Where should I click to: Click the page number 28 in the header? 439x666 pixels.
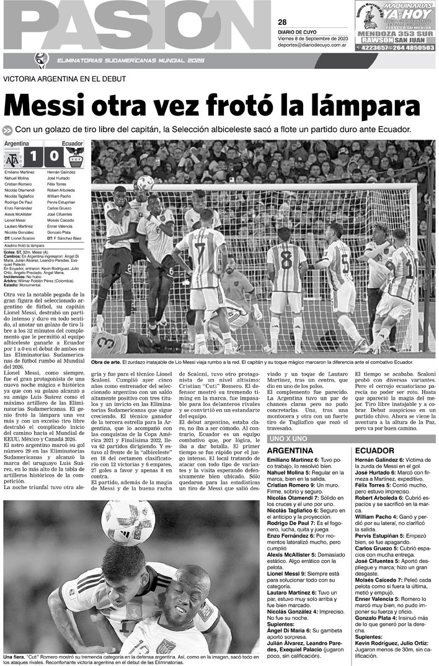(282, 22)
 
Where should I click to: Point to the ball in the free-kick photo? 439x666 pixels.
(145, 182)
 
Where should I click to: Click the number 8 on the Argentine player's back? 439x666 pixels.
(286, 259)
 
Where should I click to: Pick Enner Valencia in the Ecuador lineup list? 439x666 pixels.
(61, 228)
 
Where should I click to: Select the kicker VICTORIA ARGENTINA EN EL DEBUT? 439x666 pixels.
(64, 79)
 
